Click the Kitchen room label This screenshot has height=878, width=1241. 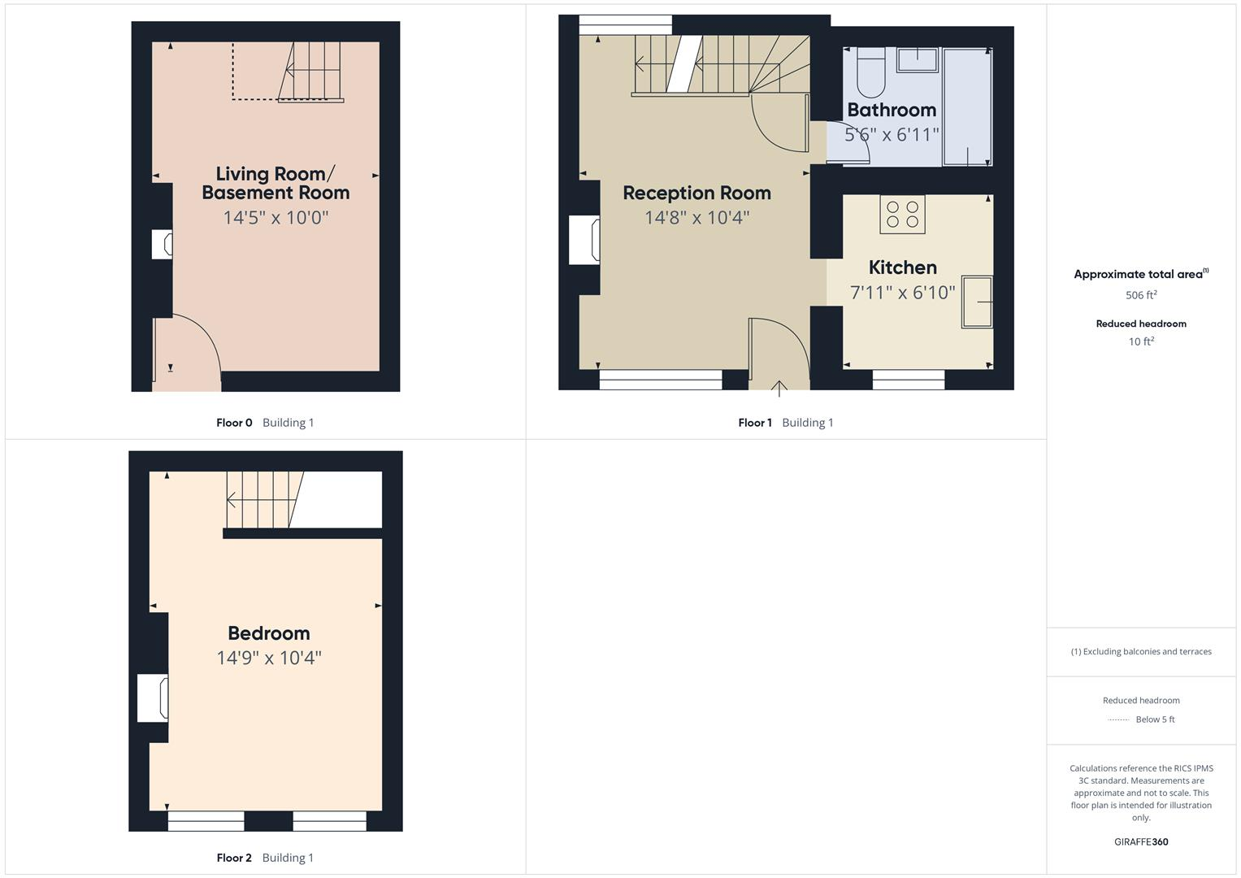(x=902, y=267)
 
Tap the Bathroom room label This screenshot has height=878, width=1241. (x=892, y=110)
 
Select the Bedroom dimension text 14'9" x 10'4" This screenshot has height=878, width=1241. (x=269, y=658)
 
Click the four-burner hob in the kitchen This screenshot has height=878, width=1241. (x=902, y=214)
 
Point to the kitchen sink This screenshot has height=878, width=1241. (x=977, y=302)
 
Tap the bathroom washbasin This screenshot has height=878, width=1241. (x=918, y=59)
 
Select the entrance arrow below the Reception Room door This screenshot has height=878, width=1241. (x=779, y=389)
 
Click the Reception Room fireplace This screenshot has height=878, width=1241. (x=584, y=240)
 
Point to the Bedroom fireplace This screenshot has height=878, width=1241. (x=153, y=698)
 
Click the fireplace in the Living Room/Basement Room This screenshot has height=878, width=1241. (x=163, y=245)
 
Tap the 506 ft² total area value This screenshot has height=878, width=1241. (x=1140, y=295)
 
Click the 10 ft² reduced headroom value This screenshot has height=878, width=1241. (x=1140, y=341)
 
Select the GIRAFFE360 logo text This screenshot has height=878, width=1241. (x=1140, y=842)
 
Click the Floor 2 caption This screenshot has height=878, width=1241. (x=234, y=858)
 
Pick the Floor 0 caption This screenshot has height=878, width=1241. (x=234, y=423)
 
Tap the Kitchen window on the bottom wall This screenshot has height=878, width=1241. (x=908, y=379)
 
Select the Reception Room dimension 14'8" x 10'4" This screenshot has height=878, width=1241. (x=696, y=218)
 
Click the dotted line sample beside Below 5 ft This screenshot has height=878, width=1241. (x=1118, y=720)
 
